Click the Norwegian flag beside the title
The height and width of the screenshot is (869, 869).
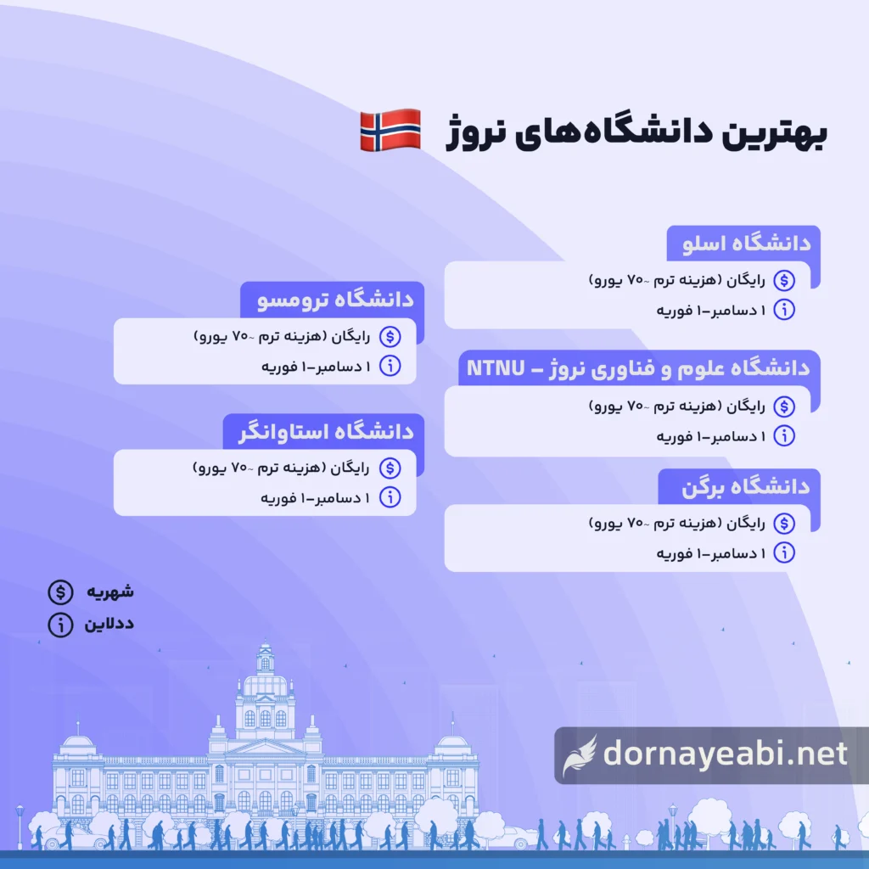click(390, 130)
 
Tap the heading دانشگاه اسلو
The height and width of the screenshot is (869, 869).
click(748, 244)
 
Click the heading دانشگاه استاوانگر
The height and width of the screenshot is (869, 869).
click(322, 431)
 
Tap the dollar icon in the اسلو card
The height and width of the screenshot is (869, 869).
click(785, 280)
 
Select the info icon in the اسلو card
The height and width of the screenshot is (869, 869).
click(785, 310)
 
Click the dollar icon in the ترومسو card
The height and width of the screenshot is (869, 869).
click(390, 337)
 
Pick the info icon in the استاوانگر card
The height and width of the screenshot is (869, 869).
click(390, 497)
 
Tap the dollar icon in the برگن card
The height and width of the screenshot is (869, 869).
click(785, 524)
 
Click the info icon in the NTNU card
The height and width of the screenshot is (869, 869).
click(785, 436)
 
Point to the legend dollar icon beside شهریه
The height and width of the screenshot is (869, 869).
click(59, 591)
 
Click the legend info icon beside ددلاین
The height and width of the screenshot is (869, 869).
click(59, 625)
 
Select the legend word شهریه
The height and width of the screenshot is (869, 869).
click(109, 591)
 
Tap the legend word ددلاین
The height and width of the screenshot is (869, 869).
click(109, 625)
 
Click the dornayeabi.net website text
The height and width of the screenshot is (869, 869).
click(725, 754)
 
